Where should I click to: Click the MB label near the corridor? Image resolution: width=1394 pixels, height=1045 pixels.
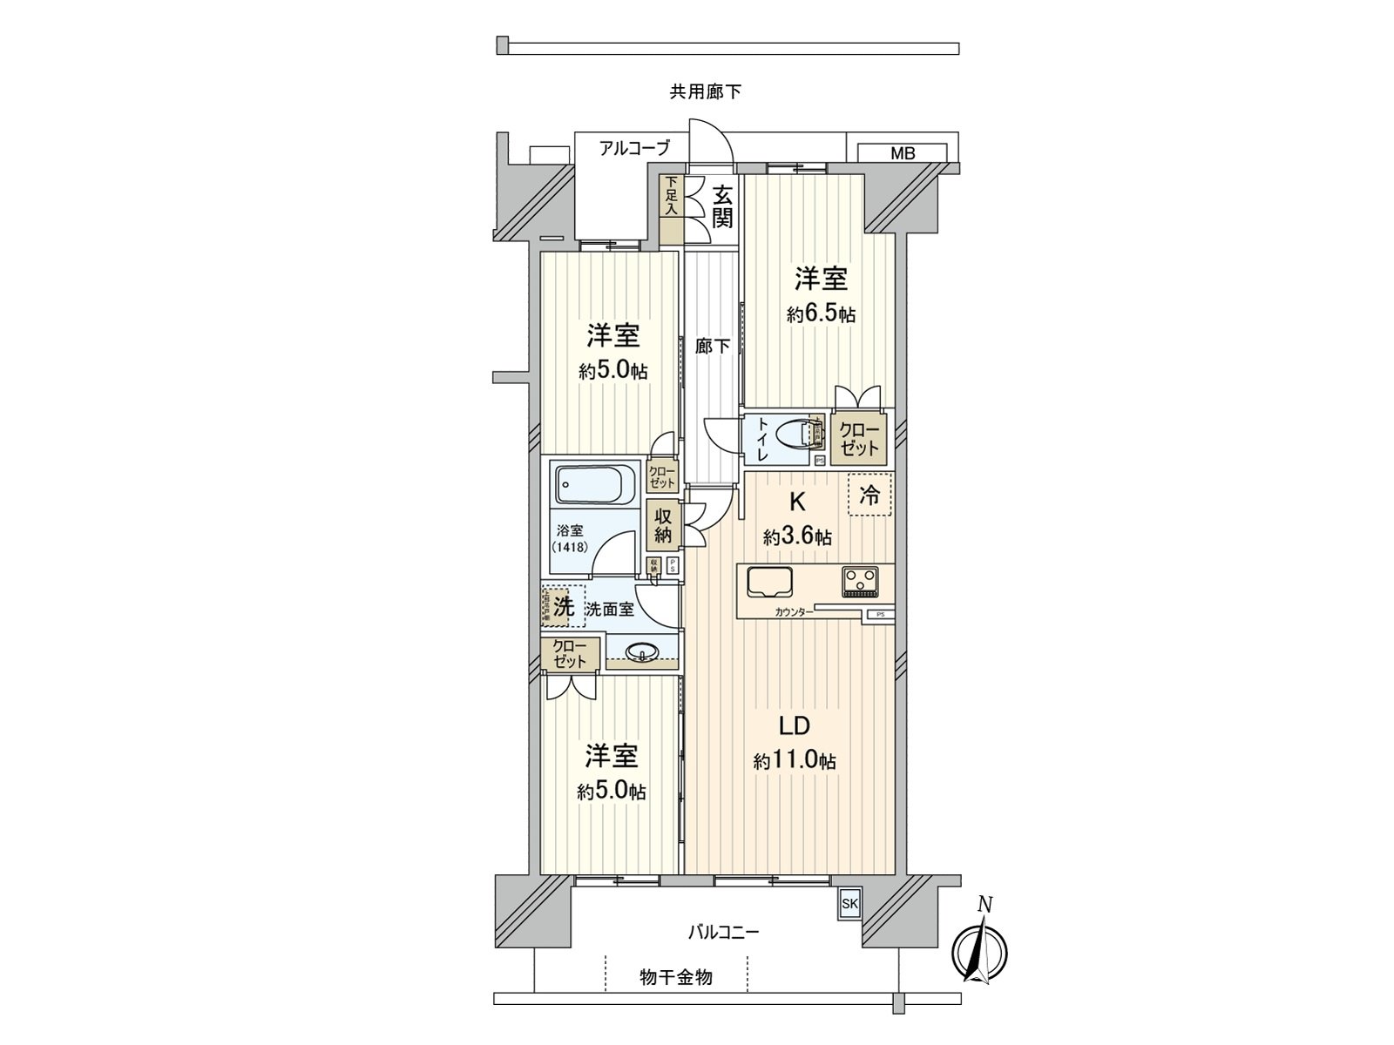903,154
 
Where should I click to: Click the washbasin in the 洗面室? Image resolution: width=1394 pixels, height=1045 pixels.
643,651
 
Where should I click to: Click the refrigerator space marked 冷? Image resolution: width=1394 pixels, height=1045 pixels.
870,495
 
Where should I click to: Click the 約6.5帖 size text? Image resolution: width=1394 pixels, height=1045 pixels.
821,314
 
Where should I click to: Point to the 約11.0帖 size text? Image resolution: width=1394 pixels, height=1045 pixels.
795,761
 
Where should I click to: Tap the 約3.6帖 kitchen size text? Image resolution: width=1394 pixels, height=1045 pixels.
797,537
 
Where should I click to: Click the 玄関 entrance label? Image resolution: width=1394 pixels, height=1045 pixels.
721,206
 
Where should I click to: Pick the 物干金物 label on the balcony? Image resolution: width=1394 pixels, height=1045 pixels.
677,977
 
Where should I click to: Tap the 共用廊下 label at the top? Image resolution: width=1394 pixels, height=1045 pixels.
706,91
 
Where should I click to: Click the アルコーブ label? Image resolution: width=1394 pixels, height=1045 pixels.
634,149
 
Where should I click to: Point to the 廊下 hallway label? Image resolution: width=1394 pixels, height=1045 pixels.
713,347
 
